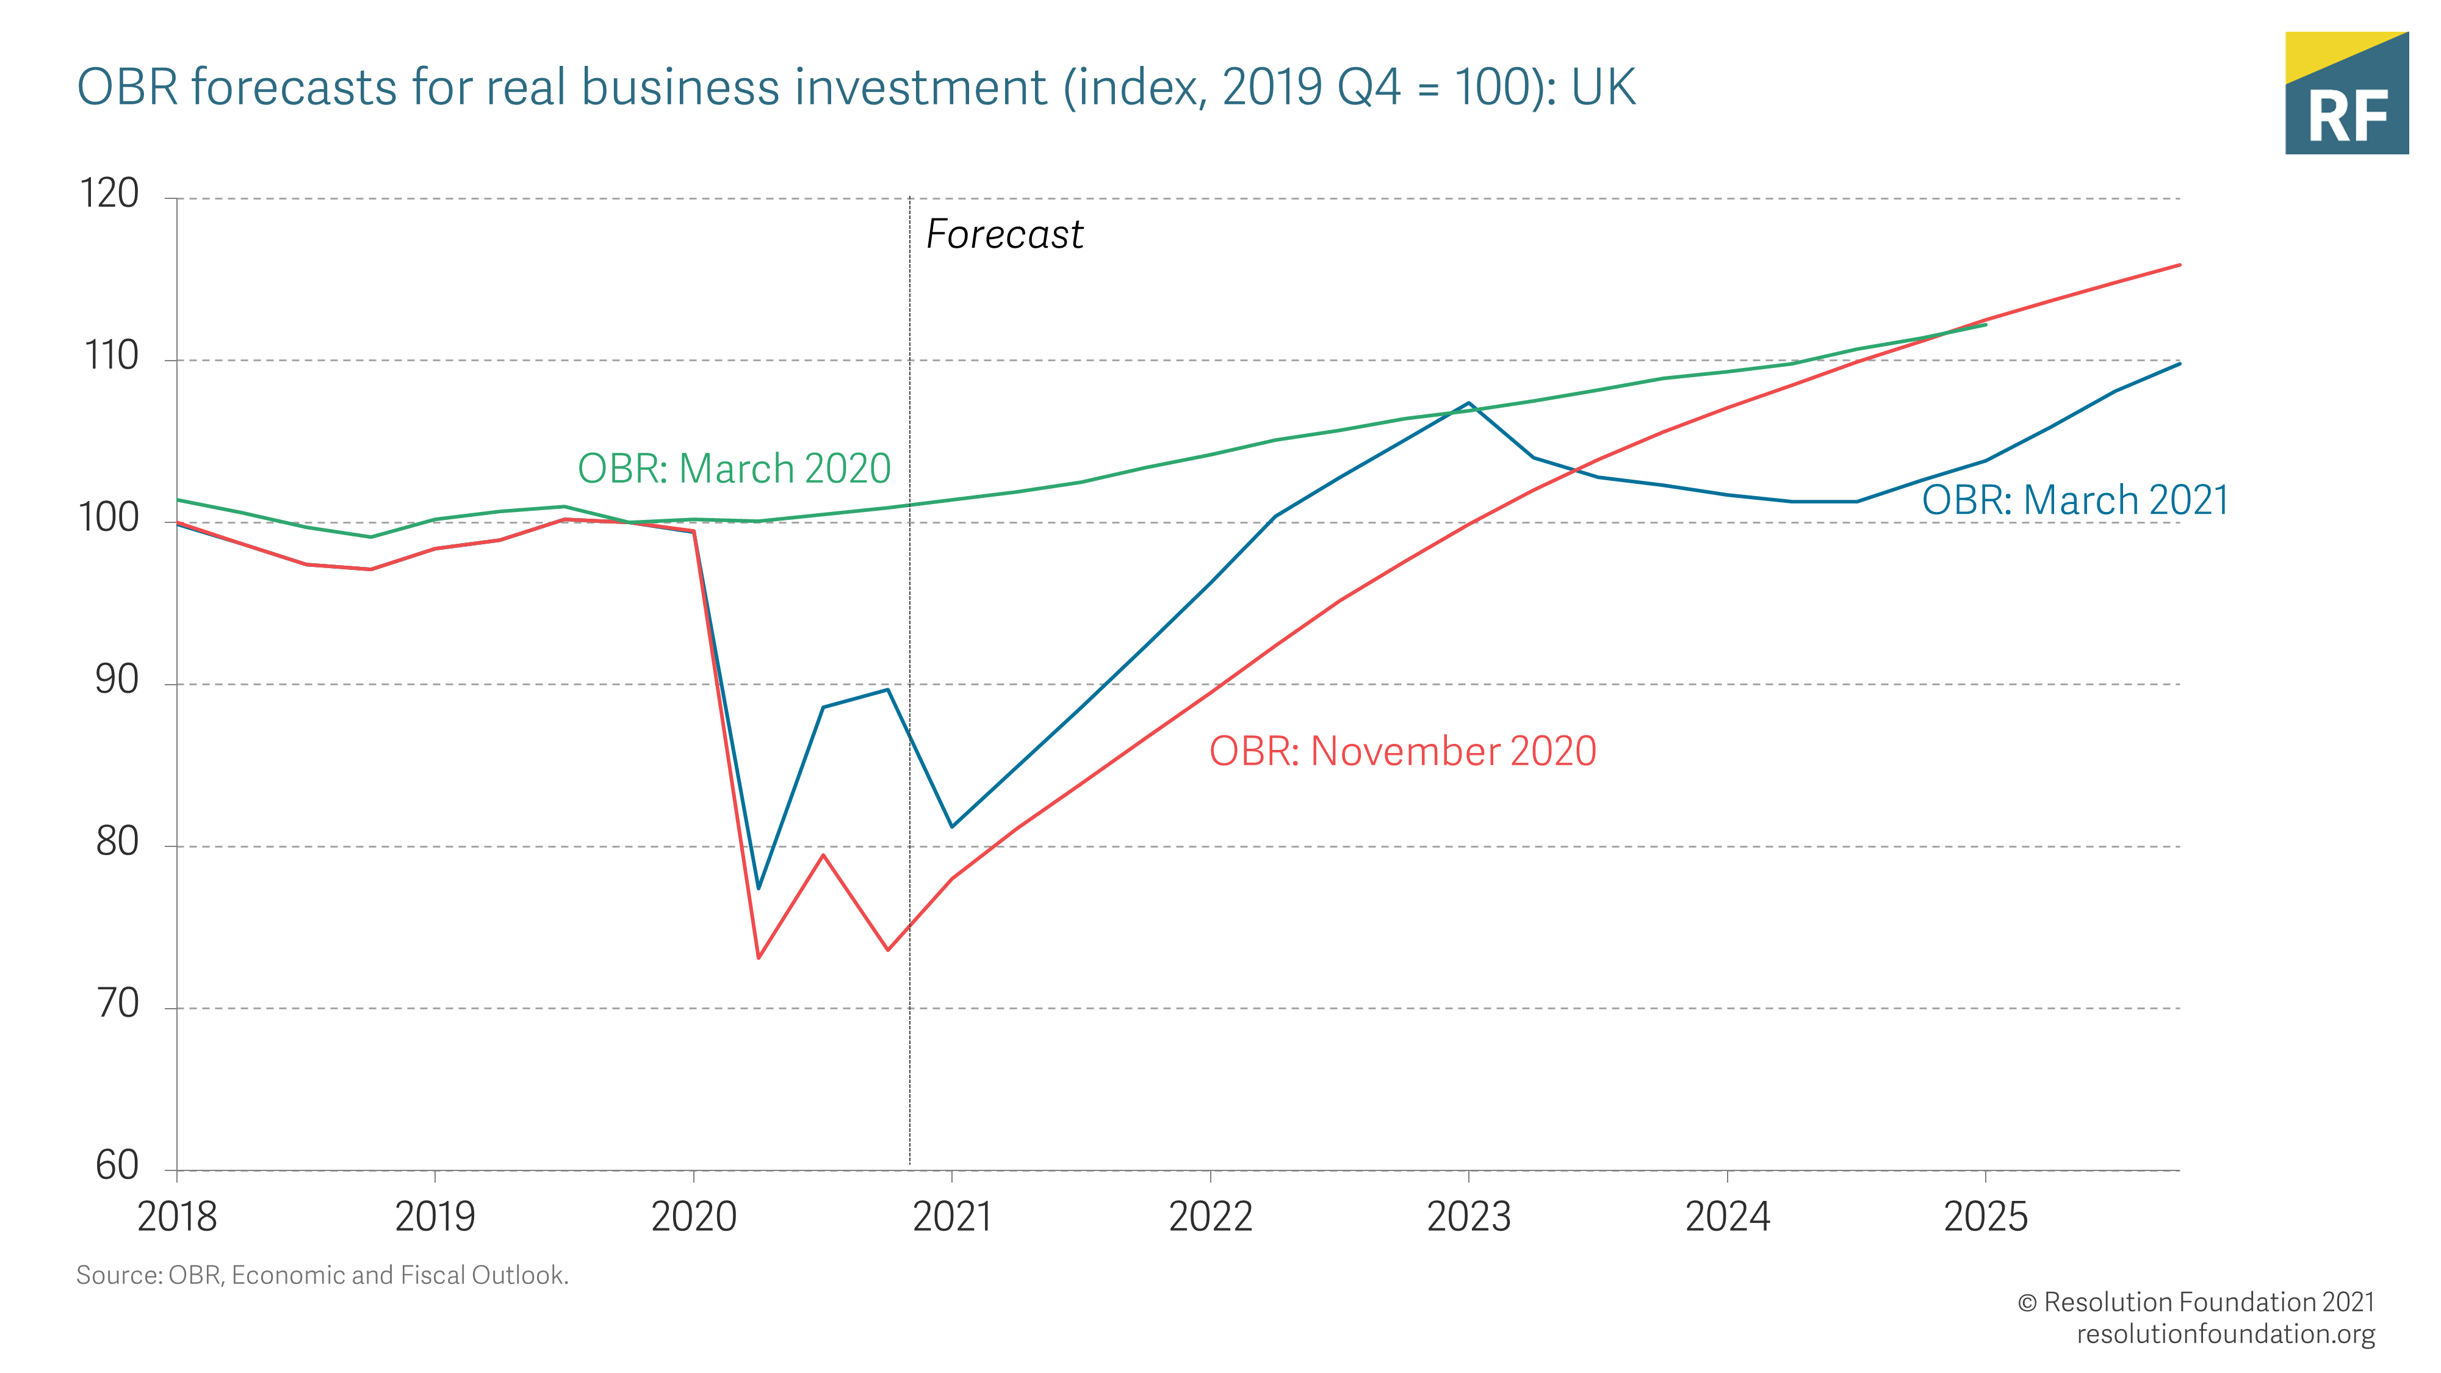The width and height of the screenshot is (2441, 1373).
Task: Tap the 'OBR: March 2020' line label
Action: [734, 468]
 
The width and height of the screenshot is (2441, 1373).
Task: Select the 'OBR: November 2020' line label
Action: [1402, 751]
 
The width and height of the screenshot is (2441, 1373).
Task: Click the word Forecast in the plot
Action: [1004, 234]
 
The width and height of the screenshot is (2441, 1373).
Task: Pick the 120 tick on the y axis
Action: [110, 194]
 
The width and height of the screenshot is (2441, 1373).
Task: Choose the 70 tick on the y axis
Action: [118, 1003]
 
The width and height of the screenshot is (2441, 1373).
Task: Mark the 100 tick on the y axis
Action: [110, 518]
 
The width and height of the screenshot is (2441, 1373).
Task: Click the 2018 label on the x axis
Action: [177, 1217]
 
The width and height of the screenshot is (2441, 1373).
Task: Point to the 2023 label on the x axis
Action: [1469, 1217]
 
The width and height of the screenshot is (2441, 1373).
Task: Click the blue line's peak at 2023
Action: [1469, 403]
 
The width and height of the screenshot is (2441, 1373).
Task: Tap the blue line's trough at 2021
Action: [953, 826]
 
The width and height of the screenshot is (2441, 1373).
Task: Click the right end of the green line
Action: [1985, 325]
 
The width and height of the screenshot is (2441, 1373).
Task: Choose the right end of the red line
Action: [2179, 265]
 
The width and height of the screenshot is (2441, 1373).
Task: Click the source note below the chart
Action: [322, 1275]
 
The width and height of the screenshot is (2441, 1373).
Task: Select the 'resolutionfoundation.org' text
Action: [2225, 1334]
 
